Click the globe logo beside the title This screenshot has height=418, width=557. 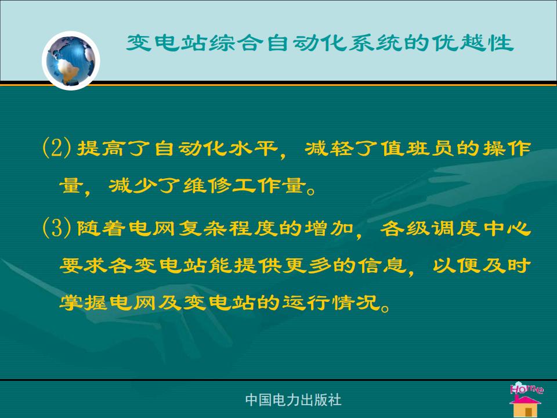(71, 60)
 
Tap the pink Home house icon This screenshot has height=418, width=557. (526, 399)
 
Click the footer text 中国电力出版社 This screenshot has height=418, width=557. (293, 400)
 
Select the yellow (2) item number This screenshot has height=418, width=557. (56, 147)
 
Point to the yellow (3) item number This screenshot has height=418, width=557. (56, 228)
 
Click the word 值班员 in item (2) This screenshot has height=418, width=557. (418, 148)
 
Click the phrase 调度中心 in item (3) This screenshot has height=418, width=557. (481, 228)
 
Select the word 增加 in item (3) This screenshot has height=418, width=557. (328, 228)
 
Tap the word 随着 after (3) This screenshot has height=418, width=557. (100, 228)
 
